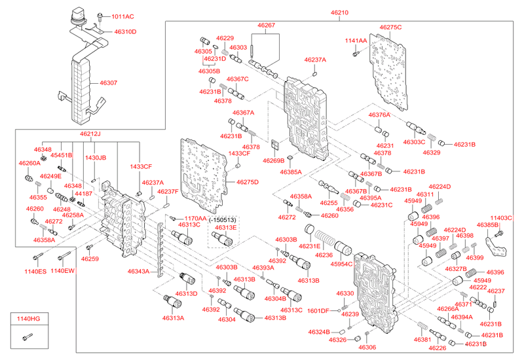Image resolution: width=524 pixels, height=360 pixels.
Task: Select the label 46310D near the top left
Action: pos(125,31)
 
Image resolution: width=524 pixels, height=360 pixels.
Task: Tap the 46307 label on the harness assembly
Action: pos(109,83)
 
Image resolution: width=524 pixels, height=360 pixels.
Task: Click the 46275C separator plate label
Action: pos(390,27)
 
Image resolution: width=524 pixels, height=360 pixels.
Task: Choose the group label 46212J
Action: pos(90,134)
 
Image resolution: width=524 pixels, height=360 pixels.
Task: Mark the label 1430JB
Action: pos(96,158)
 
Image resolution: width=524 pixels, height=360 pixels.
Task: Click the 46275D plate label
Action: pos(247,182)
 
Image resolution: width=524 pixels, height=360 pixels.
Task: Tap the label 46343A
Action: pos(138,271)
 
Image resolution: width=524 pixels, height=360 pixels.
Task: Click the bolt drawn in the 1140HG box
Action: pos(26,338)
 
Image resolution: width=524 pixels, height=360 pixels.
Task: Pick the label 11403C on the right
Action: pos(502,217)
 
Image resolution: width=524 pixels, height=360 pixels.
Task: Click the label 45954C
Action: pos(341,263)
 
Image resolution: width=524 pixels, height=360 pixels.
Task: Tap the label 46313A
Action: pos(174,318)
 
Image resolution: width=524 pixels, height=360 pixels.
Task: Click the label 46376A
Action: pos(379,115)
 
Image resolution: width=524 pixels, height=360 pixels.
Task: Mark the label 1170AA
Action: pos(195,219)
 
